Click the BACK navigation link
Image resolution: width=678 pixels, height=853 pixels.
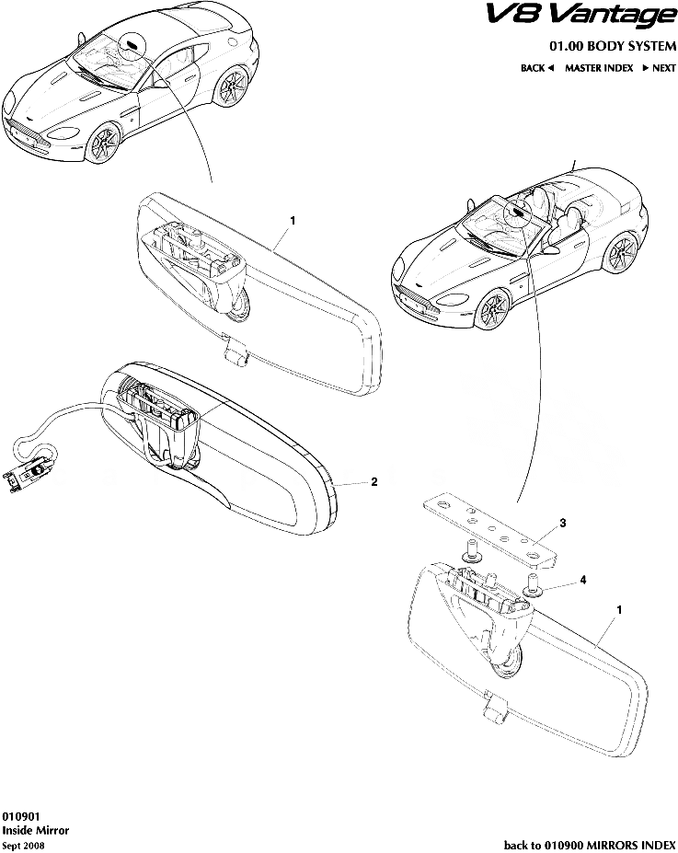coord(536,68)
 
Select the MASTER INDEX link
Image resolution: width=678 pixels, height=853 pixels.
coord(599,68)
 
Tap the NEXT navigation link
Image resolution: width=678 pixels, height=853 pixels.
coord(659,68)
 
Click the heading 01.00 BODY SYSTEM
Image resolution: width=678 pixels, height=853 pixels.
coord(612,46)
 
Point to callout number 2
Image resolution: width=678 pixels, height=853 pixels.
coord(374,481)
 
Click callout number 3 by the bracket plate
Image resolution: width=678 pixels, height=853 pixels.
coord(563,523)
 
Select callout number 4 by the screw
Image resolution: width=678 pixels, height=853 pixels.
coord(583,580)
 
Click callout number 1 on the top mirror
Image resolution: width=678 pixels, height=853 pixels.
coord(293,220)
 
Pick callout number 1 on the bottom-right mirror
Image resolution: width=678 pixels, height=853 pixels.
coord(619,610)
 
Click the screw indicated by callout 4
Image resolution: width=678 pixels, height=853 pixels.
coord(532,585)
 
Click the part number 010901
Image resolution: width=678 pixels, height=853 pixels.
coord(20,816)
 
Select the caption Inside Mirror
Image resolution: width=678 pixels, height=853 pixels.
coord(36,830)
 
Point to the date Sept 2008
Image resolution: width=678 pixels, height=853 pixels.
coord(23,846)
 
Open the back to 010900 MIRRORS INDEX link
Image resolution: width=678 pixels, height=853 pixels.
coord(590,845)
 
